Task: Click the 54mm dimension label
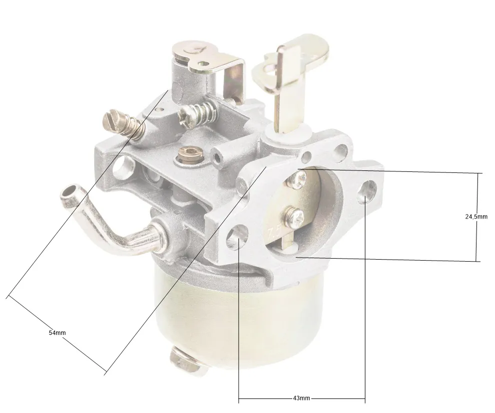tap(57, 333)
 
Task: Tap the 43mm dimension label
tap(301, 398)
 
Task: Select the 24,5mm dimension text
tap(476, 217)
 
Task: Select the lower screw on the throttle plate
tap(294, 217)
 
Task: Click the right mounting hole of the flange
tap(367, 191)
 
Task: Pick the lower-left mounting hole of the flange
tap(236, 236)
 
